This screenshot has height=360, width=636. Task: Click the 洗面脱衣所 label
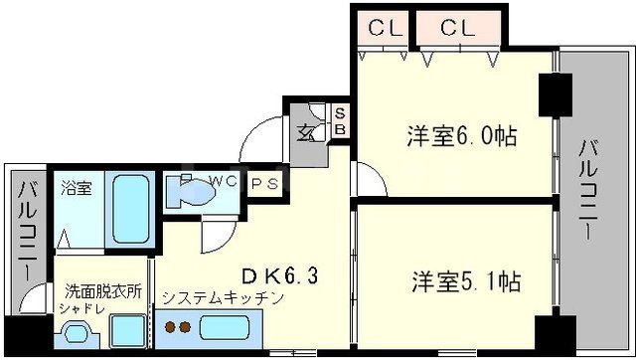(103, 293)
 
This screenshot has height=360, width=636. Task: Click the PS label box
(263, 184)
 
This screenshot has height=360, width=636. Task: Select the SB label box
(339, 121)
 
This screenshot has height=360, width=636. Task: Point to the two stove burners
(176, 326)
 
